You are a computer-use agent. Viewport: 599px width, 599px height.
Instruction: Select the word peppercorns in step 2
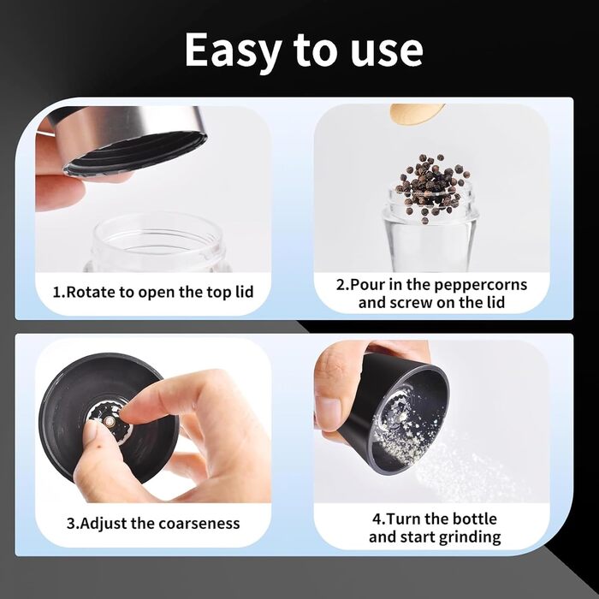click(x=481, y=285)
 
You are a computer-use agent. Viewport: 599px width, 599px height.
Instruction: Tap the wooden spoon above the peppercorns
click(x=418, y=114)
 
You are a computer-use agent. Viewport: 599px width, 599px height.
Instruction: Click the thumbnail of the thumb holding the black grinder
click(x=328, y=410)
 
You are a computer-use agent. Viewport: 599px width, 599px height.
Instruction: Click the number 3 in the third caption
click(x=71, y=524)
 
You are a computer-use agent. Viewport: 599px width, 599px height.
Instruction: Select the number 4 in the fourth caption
click(x=377, y=519)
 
